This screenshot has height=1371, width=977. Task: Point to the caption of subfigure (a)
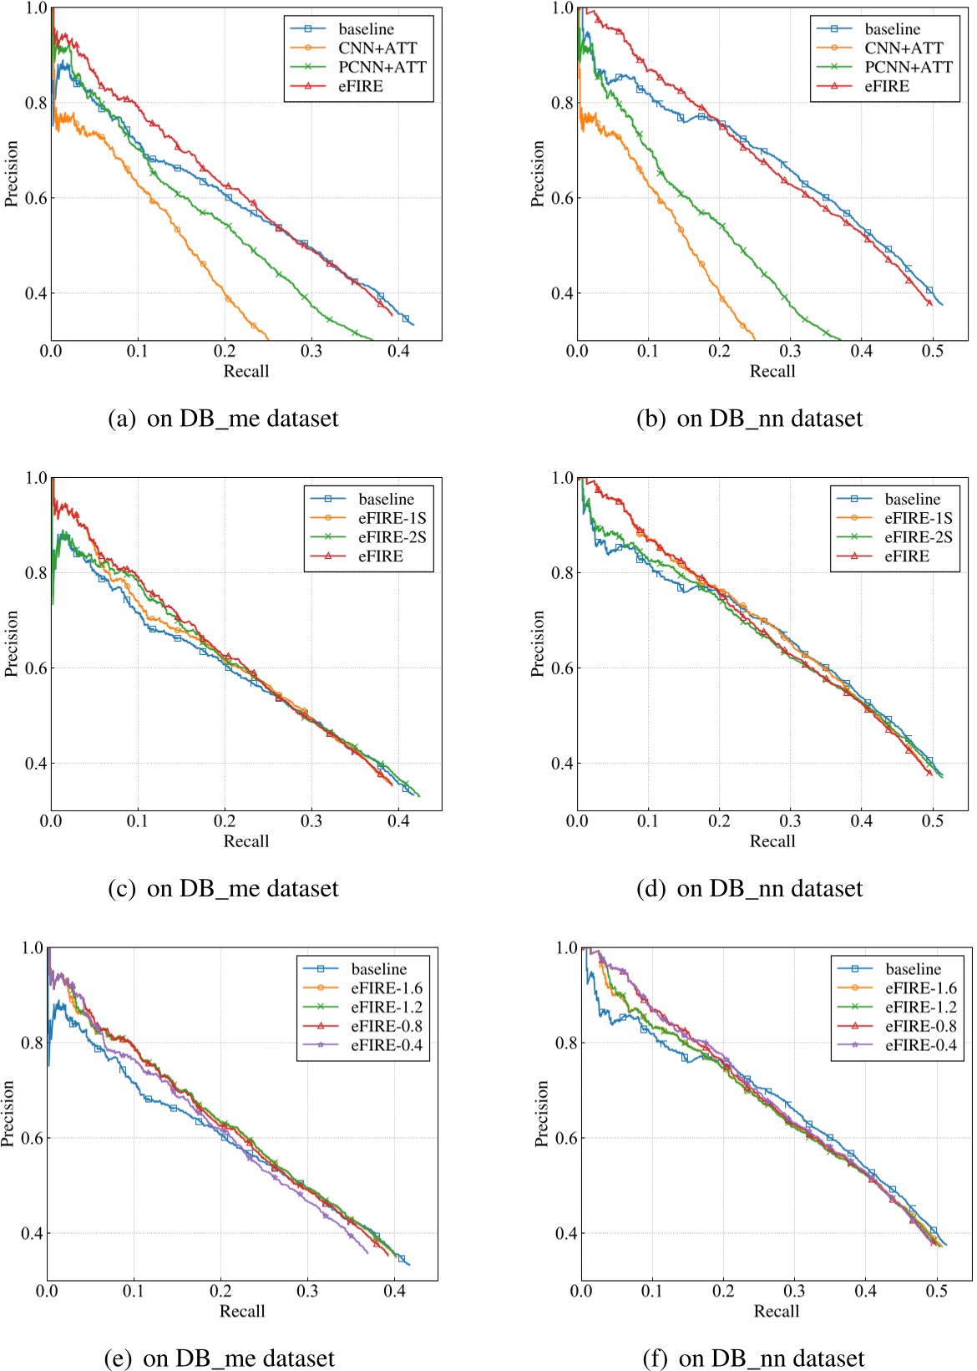224,418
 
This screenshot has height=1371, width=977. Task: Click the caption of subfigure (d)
749,888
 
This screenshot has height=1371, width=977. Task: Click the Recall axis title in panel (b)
772,371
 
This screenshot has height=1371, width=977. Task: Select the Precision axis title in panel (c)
12,643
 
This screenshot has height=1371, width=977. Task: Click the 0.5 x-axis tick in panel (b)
933,352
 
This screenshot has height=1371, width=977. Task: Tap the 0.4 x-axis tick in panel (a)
398,352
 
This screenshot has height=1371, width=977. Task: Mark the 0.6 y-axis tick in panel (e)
32,1138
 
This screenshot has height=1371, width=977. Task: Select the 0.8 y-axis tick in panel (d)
562,573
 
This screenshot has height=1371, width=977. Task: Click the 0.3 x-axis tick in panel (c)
311,821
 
